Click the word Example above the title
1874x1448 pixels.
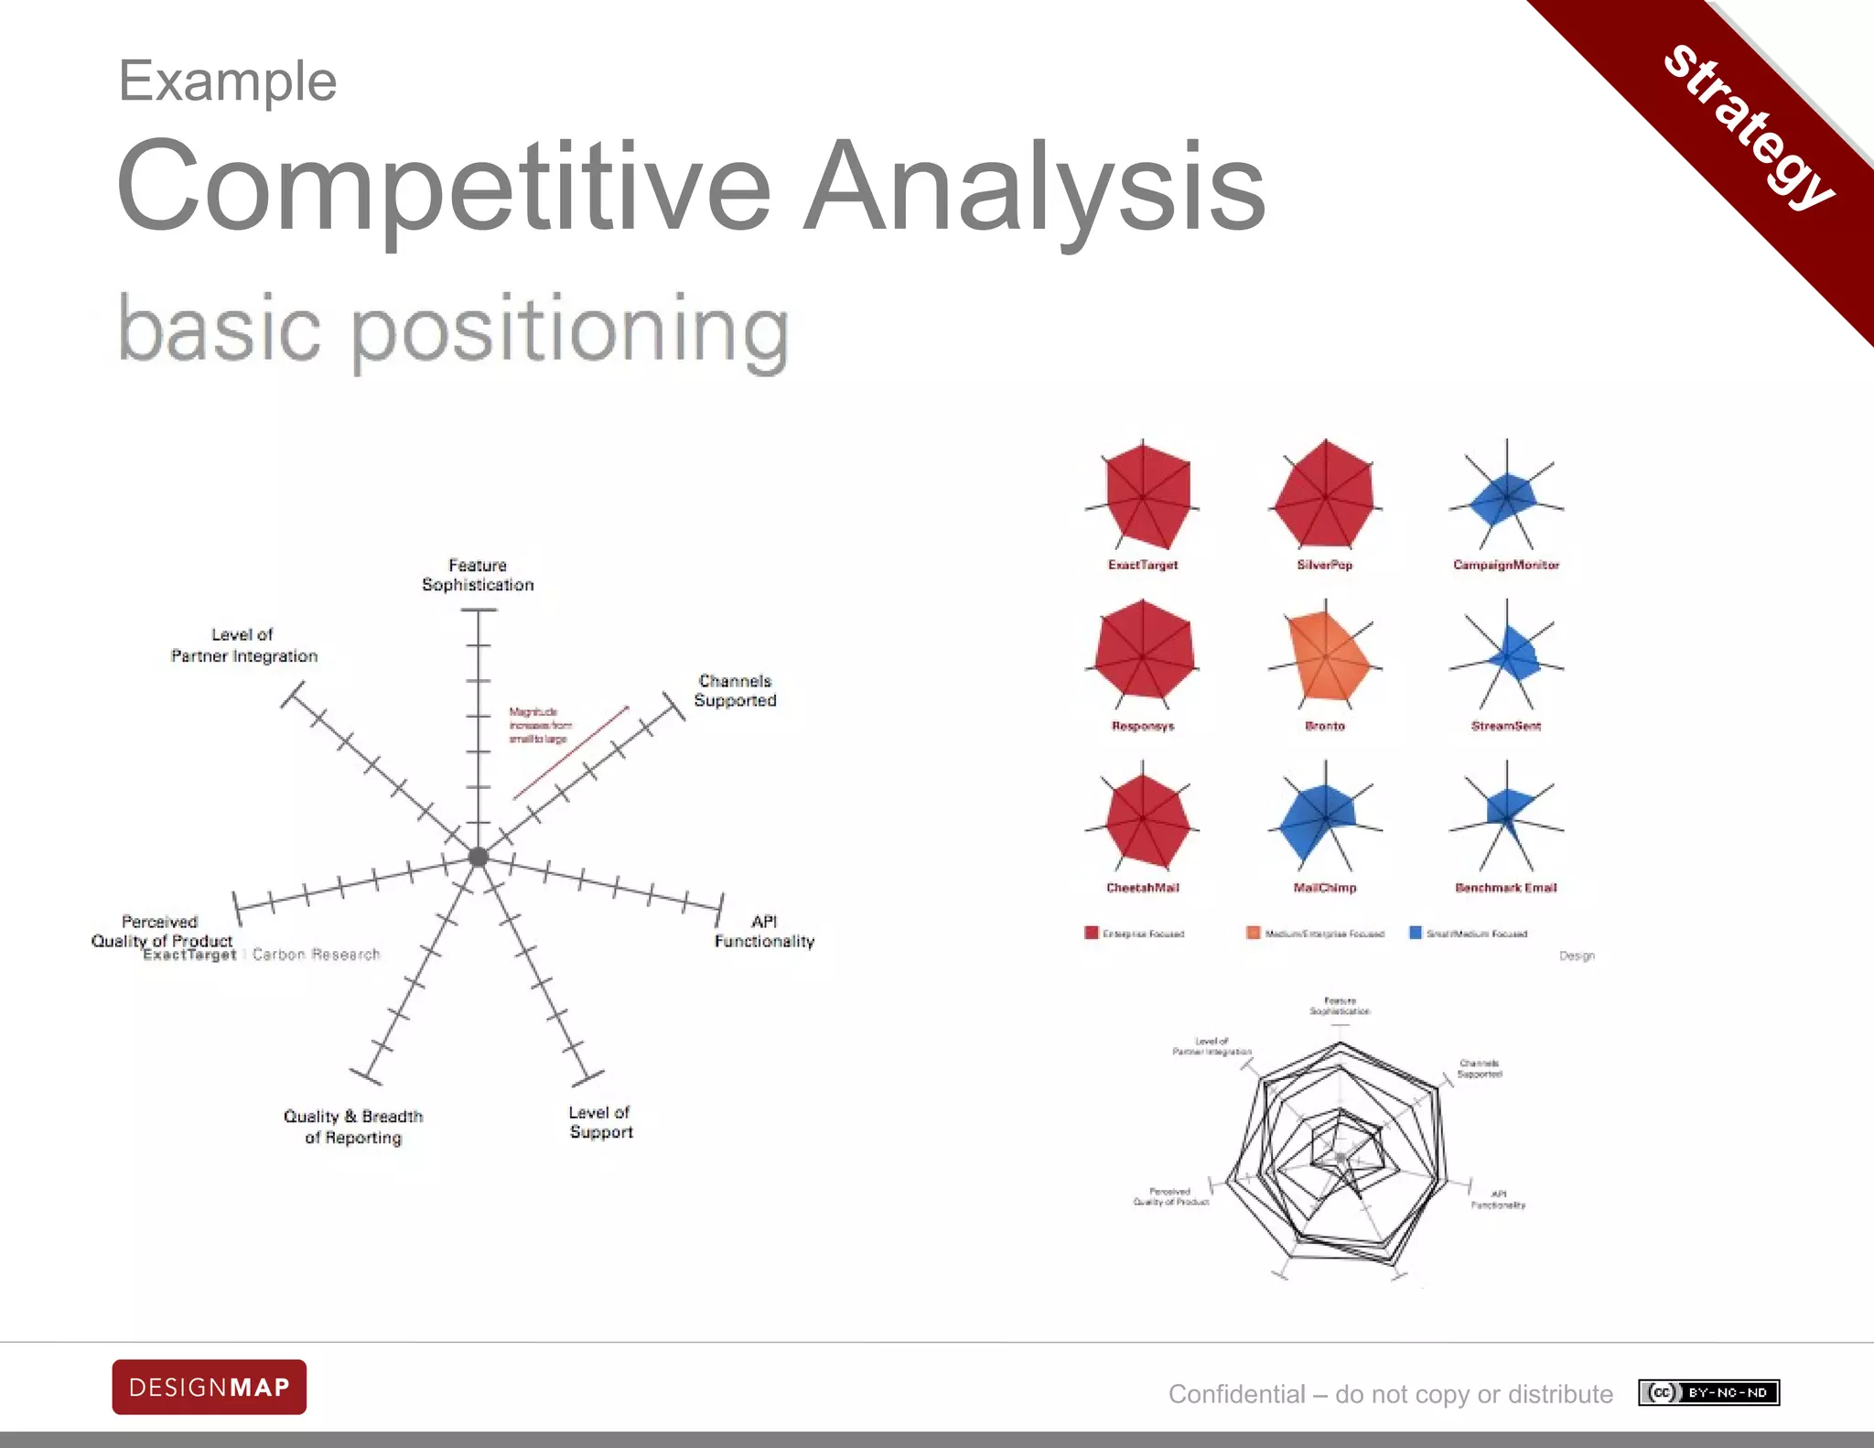[x=228, y=81]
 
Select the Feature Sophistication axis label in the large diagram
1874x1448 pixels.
[x=478, y=575]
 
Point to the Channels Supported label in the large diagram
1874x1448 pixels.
[x=735, y=691]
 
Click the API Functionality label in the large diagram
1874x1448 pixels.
[x=764, y=932]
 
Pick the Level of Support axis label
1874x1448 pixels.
[x=600, y=1122]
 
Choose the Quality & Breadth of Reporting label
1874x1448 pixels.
[x=353, y=1127]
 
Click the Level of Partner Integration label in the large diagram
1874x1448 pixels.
[x=244, y=645]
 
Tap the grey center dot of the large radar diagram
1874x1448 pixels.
[x=478, y=857]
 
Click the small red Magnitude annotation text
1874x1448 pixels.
[x=540, y=725]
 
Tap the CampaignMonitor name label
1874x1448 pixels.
[x=1506, y=565]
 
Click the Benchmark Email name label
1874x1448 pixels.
[x=1506, y=888]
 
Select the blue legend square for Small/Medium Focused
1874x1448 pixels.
[x=1416, y=933]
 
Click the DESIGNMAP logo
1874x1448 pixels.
[x=210, y=1387]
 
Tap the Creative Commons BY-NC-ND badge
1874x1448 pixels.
[x=1708, y=1393]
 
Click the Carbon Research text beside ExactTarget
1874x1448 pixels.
[x=316, y=955]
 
